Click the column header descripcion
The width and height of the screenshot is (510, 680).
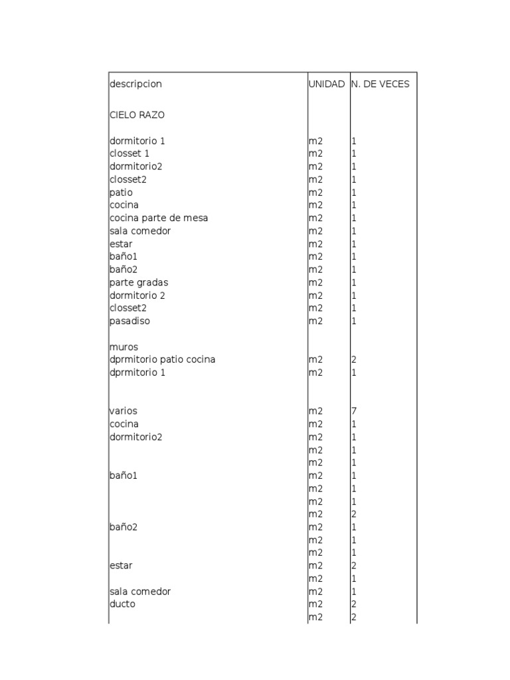coord(135,84)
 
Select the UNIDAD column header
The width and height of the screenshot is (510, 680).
coord(327,84)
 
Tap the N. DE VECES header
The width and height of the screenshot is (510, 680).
coord(381,84)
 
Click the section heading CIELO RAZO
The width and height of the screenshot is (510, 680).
coord(137,115)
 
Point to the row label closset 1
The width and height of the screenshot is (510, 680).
coord(129,153)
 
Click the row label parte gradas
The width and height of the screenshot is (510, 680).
coord(139,282)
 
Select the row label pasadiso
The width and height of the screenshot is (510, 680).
coord(129,321)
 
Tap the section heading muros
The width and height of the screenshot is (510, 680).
coord(124,347)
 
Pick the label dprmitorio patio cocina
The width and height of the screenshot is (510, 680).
coord(162,359)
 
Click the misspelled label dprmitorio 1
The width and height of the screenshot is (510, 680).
coord(137,373)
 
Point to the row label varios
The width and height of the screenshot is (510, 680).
coord(124,411)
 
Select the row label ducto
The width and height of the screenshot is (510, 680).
coord(122,604)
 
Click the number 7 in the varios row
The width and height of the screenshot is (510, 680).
coord(354,411)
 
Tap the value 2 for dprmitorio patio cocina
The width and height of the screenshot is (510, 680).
coord(354,359)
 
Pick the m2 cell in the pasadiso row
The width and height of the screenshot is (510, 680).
coord(315,321)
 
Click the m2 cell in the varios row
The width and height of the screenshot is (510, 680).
coord(315,411)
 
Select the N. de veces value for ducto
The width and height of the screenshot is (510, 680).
coord(354,604)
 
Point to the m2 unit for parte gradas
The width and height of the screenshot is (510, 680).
coord(315,282)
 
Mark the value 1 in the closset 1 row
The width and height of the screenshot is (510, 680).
coord(354,153)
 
